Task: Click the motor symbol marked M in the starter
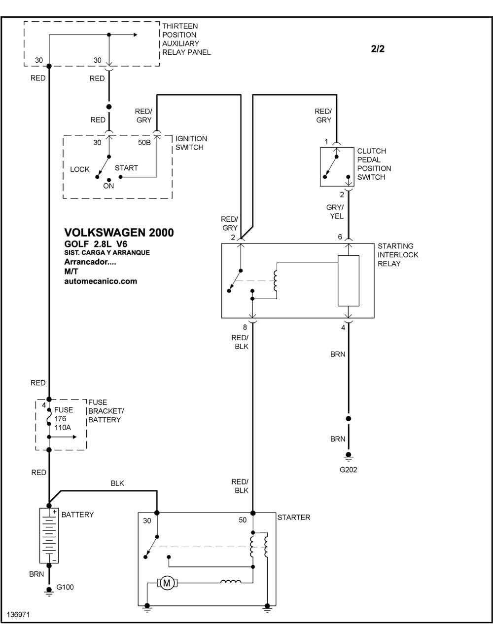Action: (x=167, y=583)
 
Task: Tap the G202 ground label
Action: (x=349, y=470)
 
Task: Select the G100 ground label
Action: (x=65, y=587)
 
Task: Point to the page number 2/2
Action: (x=378, y=48)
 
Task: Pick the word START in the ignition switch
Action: (x=126, y=168)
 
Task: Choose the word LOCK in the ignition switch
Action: (x=79, y=169)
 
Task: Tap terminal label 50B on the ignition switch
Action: (x=144, y=143)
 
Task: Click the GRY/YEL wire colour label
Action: (x=335, y=211)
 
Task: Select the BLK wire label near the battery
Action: (x=117, y=483)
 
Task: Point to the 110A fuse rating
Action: (x=63, y=428)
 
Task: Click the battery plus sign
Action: (x=54, y=512)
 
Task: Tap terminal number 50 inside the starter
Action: (x=243, y=520)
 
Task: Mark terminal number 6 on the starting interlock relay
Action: (x=340, y=237)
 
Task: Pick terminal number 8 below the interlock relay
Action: (x=245, y=327)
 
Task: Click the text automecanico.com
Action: (x=101, y=281)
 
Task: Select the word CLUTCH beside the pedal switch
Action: (x=372, y=151)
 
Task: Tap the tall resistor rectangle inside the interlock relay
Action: (x=349, y=280)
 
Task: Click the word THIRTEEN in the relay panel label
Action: (x=180, y=26)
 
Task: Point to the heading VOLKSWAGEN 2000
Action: (x=119, y=232)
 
